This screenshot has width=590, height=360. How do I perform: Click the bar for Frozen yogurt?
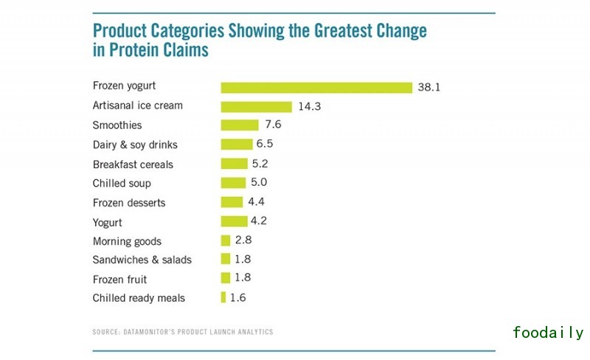(316, 87)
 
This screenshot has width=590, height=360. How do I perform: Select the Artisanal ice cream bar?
(257, 106)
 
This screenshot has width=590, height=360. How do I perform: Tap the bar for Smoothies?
(240, 125)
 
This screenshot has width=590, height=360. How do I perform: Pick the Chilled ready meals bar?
(223, 297)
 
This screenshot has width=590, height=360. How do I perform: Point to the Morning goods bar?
(226, 240)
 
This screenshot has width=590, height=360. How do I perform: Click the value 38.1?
(428, 87)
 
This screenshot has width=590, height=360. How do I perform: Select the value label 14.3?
(310, 106)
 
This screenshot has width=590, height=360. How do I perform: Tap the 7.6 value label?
(274, 125)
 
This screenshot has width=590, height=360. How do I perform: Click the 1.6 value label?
(238, 297)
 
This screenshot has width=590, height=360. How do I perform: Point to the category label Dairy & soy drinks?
(135, 145)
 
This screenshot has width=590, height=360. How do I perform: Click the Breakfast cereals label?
(133, 164)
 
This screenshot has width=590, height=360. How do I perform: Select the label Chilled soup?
(122, 183)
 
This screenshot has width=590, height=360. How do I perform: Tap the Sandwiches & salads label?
(142, 260)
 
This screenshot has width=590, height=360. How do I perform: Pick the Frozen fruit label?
(119, 279)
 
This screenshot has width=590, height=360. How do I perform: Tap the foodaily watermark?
(547, 333)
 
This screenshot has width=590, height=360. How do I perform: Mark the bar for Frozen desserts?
(232, 202)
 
